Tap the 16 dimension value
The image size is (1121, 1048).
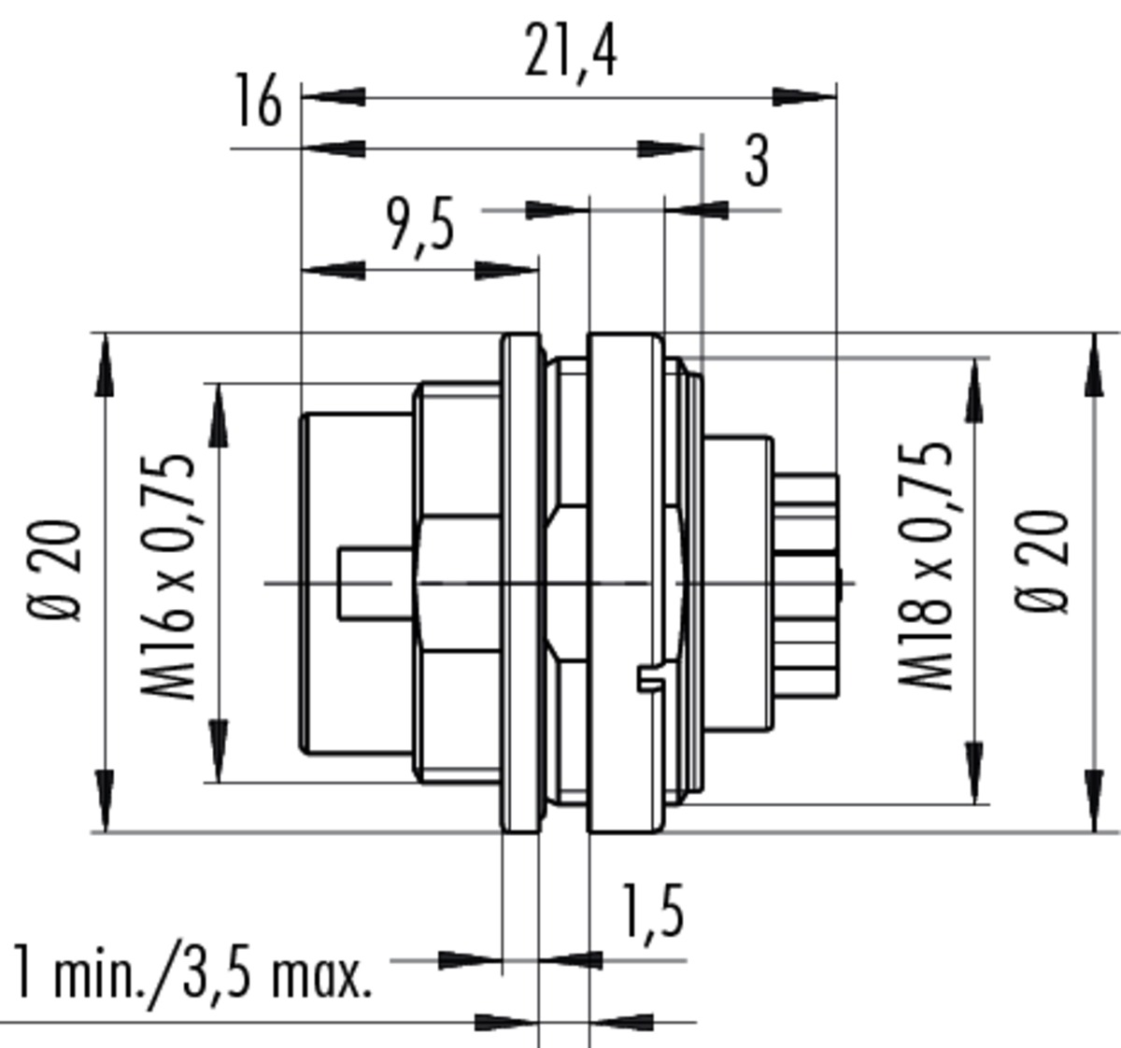point(258,100)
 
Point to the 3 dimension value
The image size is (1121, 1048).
point(757,162)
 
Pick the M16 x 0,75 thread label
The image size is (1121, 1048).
point(167,576)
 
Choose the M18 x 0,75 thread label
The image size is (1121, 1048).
point(925,565)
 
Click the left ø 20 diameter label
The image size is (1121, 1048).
point(55,571)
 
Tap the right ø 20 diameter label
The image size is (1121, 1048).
point(1042,562)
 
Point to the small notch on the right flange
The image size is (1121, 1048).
point(651,678)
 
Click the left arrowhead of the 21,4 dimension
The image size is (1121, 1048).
point(333,97)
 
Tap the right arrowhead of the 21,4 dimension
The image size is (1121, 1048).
point(804,97)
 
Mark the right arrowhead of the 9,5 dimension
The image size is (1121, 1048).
point(506,271)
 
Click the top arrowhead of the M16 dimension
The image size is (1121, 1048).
point(219,415)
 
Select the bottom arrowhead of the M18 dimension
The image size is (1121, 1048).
point(973,772)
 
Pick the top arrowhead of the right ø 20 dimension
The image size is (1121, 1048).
point(1094,365)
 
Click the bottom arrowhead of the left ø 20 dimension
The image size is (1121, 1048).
point(105,800)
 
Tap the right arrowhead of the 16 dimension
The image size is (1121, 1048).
point(670,149)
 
